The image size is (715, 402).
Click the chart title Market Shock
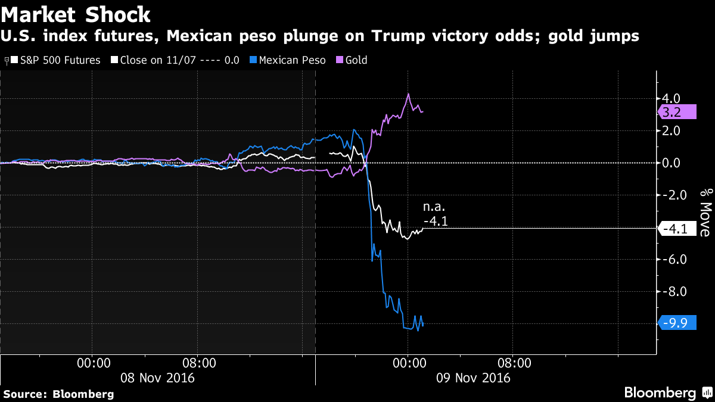(76, 14)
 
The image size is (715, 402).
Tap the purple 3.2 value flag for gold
(677, 111)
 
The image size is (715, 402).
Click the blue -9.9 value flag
(677, 323)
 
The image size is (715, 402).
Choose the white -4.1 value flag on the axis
(677, 228)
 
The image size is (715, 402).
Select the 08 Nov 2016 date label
(157, 378)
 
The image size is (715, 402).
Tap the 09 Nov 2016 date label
(473, 378)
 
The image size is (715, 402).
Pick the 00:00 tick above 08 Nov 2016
(92, 362)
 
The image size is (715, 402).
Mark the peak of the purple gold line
(408, 94)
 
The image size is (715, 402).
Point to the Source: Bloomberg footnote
(58, 394)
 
